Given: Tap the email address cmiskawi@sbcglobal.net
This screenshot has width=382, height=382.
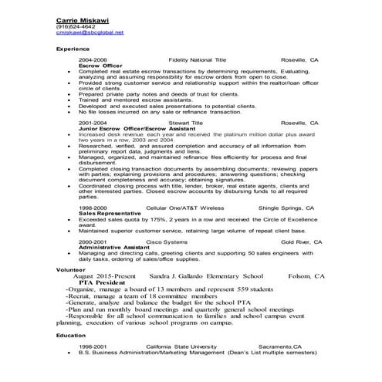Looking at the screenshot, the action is pyautogui.click(x=90, y=32).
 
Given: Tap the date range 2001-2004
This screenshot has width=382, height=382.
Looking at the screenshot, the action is pyautogui.click(x=92, y=122).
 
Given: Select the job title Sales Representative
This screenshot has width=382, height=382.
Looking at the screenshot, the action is pyautogui.click(x=106, y=214).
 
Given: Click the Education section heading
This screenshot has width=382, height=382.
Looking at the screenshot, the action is pyautogui.click(x=71, y=336).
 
